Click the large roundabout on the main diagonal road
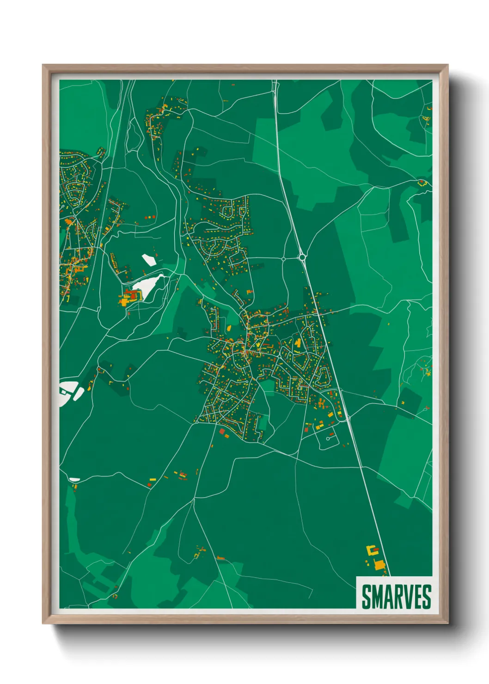point(302,256)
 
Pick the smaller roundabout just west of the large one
point(283,259)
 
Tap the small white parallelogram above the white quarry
point(148,260)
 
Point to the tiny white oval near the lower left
point(74,480)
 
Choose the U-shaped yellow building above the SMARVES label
point(372,550)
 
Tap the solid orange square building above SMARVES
point(379,565)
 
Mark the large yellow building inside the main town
point(298,343)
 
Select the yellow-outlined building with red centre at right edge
point(422,183)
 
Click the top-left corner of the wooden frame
point(43,65)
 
